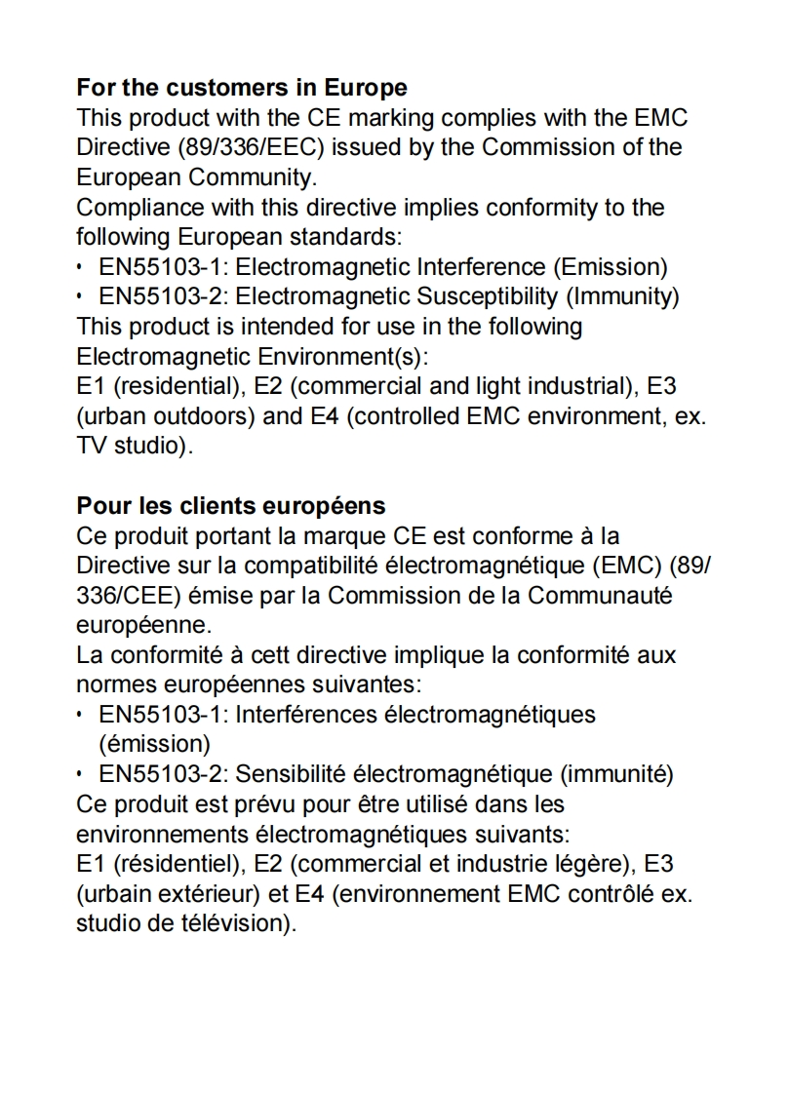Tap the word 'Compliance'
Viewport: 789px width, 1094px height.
click(138, 209)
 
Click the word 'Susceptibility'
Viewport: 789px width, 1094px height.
click(489, 296)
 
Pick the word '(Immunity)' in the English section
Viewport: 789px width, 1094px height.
click(623, 296)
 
